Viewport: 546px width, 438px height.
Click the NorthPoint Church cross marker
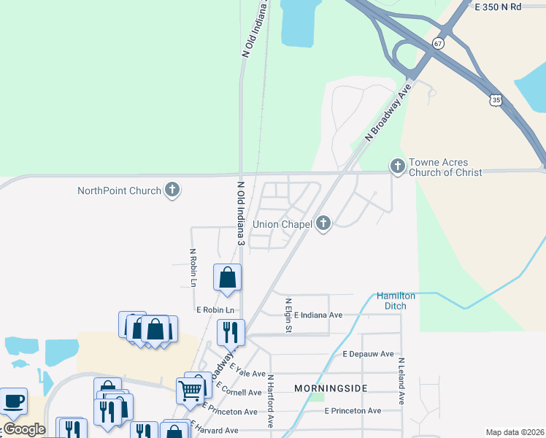172,191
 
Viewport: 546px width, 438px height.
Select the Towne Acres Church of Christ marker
397,167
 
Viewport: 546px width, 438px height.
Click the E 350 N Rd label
499,7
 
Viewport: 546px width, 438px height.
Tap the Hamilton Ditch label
396,300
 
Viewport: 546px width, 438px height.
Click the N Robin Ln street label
193,268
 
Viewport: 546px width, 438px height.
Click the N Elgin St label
288,315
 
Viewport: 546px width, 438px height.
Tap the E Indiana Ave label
318,315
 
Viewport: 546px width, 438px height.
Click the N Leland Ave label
401,380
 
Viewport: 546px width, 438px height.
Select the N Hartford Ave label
270,401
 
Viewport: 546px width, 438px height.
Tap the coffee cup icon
14,401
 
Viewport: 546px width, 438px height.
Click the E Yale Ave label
246,373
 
